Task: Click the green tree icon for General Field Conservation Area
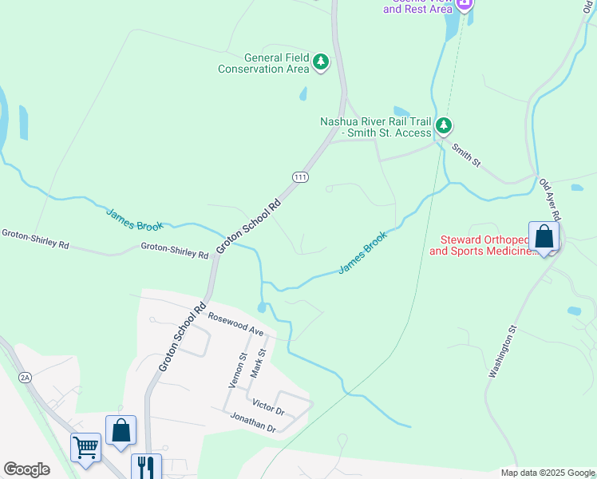(x=321, y=61)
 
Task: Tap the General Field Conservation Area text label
(x=263, y=63)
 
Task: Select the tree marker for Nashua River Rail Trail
(x=445, y=126)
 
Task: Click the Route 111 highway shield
(x=300, y=176)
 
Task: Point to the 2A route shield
(x=25, y=375)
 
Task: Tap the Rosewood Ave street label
(x=236, y=323)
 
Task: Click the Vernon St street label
(x=238, y=370)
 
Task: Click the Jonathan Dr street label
(x=252, y=423)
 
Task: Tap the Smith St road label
(x=466, y=155)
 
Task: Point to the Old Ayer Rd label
(x=551, y=200)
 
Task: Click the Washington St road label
(x=504, y=350)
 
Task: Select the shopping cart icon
(x=86, y=446)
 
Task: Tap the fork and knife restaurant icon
(x=146, y=466)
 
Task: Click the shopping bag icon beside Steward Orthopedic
(x=544, y=236)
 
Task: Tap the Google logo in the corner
(x=26, y=469)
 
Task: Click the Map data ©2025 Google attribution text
(x=548, y=473)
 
